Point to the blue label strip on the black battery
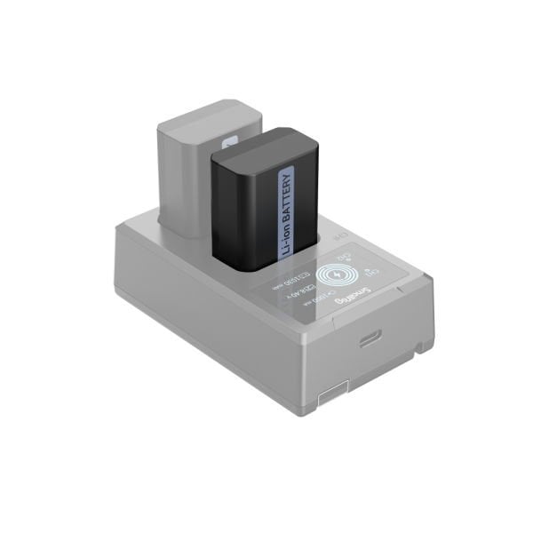(x=287, y=213)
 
